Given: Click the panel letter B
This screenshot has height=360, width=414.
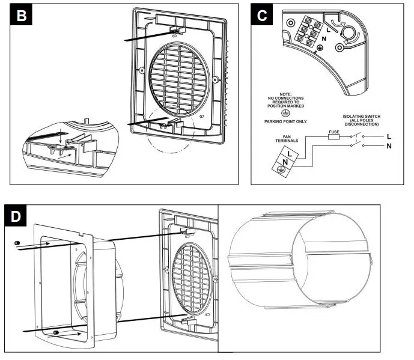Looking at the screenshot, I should coord(22,16).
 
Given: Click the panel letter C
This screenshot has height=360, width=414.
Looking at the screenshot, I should coord(262,16).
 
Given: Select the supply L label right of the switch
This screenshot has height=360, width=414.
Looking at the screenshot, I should coord(390,136).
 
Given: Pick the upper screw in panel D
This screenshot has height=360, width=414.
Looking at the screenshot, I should coord(17,242).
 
